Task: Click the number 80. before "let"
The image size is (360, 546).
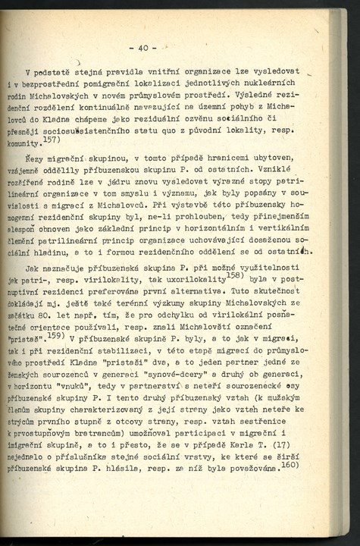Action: (48, 320)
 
